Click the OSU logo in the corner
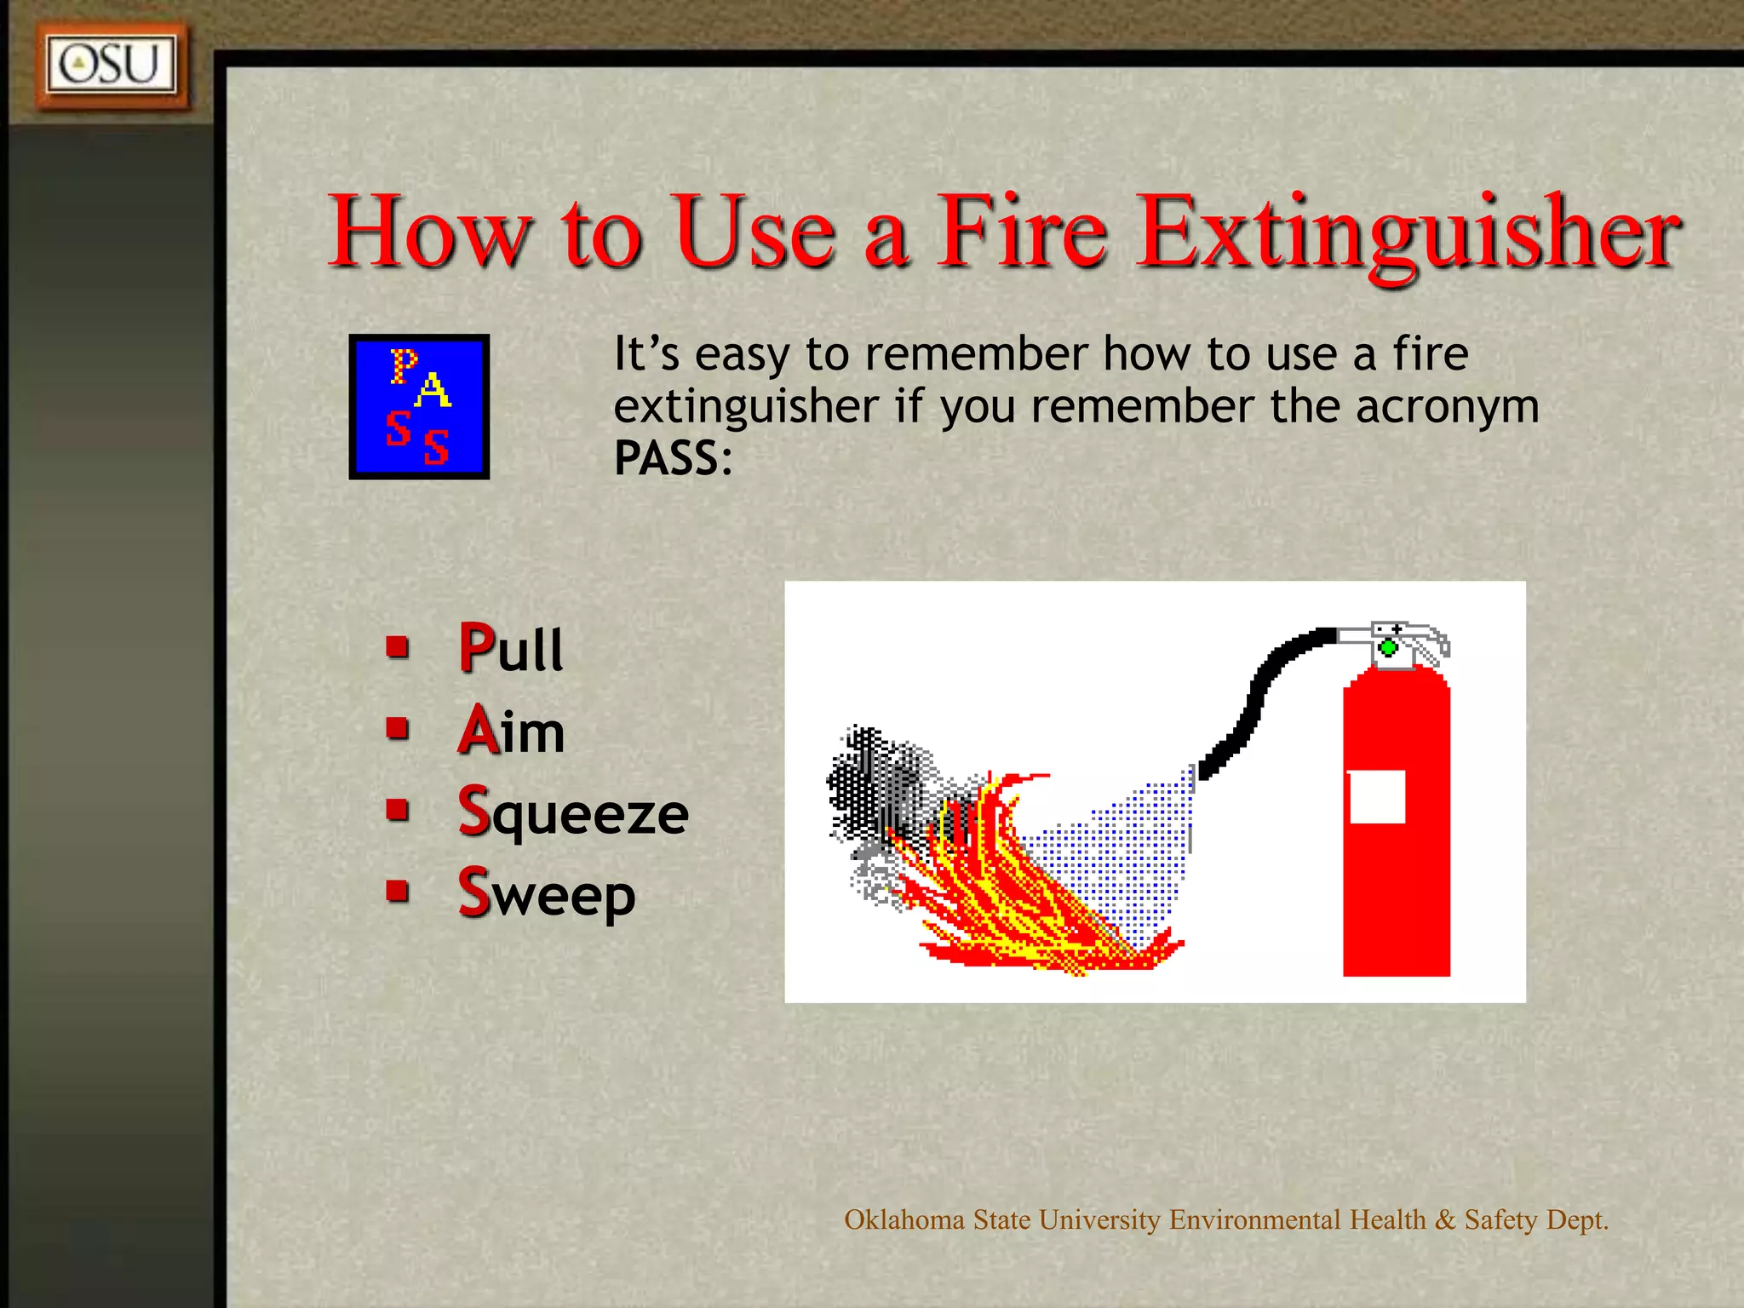pyautogui.click(x=111, y=66)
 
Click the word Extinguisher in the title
pyautogui.click(x=1409, y=232)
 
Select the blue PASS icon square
pyautogui.click(x=419, y=406)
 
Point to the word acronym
pyautogui.click(x=1447, y=406)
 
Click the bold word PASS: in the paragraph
pyautogui.click(x=673, y=458)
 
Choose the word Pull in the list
pyautogui.click(x=510, y=649)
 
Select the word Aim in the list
pyautogui.click(x=511, y=731)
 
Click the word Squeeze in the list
pyautogui.click(x=572, y=812)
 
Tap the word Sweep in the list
pyautogui.click(x=546, y=893)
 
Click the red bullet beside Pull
pyautogui.click(x=398, y=647)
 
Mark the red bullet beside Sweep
pyautogui.click(x=398, y=891)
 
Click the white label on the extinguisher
pyautogui.click(x=1377, y=797)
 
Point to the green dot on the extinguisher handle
pyautogui.click(x=1388, y=648)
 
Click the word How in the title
pyautogui.click(x=431, y=232)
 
